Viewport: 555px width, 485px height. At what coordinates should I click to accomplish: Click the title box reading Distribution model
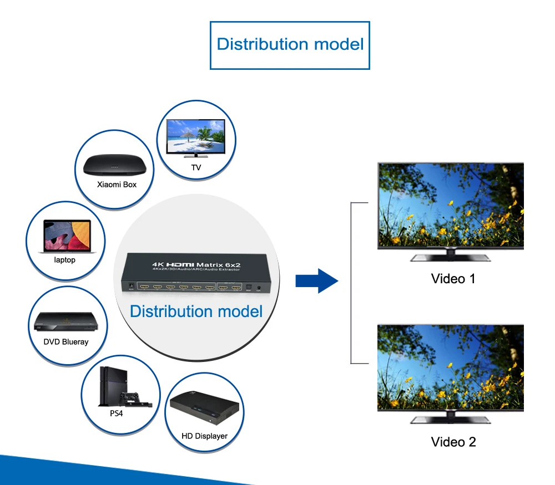point(290,44)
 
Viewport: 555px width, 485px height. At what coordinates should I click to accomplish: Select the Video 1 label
point(453,278)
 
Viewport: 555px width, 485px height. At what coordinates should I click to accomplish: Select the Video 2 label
point(453,442)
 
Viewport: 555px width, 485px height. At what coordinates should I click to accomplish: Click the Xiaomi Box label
point(117,184)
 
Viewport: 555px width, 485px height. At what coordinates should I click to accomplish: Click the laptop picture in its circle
point(67,235)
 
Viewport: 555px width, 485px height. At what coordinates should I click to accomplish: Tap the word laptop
point(65,259)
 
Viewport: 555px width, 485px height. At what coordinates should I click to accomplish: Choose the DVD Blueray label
point(66,341)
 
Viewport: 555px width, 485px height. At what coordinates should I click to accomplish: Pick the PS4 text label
point(116,413)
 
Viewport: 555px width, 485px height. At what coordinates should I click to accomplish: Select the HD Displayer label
point(204,436)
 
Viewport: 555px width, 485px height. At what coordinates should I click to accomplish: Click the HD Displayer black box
point(205,409)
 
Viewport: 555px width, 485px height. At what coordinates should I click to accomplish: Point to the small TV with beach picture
point(196,136)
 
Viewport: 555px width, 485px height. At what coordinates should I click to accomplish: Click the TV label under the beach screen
point(196,167)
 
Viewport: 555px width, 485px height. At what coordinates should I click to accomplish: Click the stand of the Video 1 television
point(450,257)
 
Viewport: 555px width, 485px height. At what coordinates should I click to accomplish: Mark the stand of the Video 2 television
point(450,419)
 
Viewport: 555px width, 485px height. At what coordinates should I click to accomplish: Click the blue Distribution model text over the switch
point(196,311)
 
